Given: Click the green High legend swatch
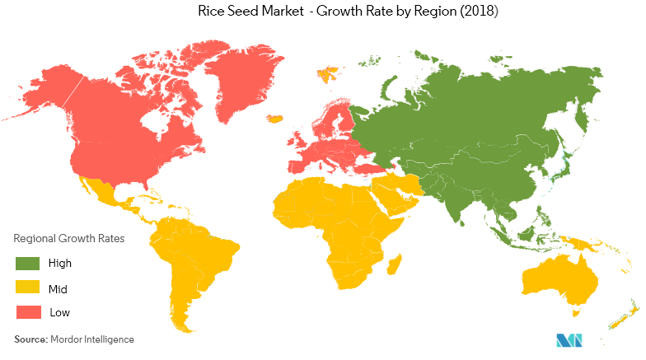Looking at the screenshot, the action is [x=27, y=264].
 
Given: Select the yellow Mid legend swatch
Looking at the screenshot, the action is [x=27, y=289].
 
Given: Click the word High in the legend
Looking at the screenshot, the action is [x=60, y=264].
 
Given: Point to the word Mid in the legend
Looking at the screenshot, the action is [x=58, y=289].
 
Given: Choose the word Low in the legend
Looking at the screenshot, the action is [x=59, y=314].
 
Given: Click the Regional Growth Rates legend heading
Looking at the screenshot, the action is [x=69, y=239].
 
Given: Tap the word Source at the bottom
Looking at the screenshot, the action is [x=30, y=339].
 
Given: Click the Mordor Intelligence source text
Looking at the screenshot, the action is [x=92, y=339].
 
